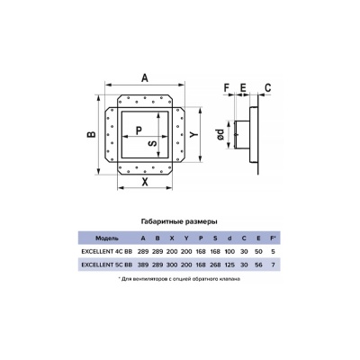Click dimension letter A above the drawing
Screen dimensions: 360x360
[145, 78]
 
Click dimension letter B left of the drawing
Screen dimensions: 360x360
[91, 134]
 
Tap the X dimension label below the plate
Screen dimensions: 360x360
[145, 182]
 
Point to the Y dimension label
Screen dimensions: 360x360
[194, 134]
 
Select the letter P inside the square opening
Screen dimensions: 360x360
[139, 130]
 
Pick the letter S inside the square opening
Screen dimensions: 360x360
[153, 144]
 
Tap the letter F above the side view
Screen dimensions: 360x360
[227, 87]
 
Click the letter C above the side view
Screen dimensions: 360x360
[267, 87]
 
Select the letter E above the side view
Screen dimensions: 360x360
[243, 87]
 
